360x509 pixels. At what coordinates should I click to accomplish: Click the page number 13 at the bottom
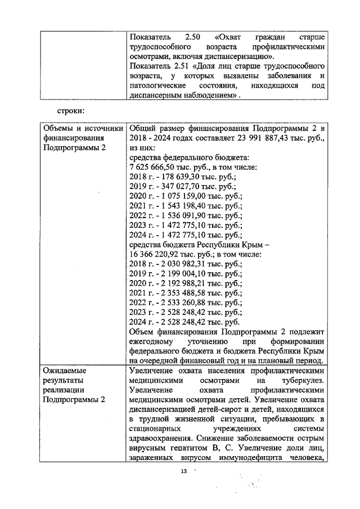(x=182, y=471)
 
